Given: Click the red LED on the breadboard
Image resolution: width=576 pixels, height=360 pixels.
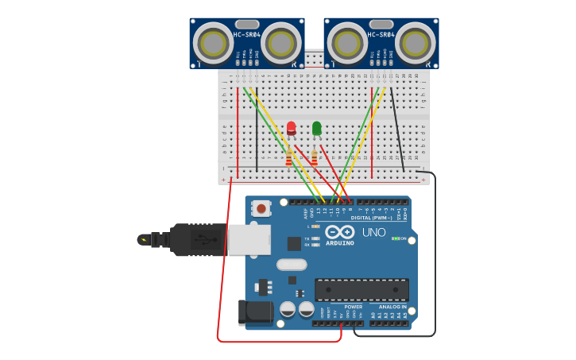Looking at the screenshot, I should (x=291, y=127).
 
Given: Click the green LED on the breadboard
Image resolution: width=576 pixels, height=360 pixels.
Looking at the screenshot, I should (x=317, y=127).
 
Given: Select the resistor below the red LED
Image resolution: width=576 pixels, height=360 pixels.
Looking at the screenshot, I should (x=288, y=158).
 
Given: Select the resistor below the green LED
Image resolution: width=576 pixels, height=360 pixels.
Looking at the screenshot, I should (x=314, y=158).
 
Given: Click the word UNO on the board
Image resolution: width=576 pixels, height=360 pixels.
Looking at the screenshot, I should (x=373, y=232).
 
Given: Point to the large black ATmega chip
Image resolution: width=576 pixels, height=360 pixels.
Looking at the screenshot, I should (x=361, y=289).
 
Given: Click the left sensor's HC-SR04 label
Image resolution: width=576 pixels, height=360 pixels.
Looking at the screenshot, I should (x=247, y=34).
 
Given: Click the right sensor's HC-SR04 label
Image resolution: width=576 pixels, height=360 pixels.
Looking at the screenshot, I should (x=381, y=34).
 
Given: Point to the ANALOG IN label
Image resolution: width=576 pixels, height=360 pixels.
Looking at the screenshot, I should (x=392, y=306).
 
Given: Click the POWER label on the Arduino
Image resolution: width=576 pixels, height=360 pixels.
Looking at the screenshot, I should (x=353, y=306).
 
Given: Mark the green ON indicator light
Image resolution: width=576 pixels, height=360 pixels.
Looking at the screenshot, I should (x=395, y=238).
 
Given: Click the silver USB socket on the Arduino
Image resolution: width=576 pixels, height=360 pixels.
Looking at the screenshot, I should (x=249, y=239).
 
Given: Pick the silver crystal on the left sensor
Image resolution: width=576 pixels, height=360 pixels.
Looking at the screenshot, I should (x=247, y=25).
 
